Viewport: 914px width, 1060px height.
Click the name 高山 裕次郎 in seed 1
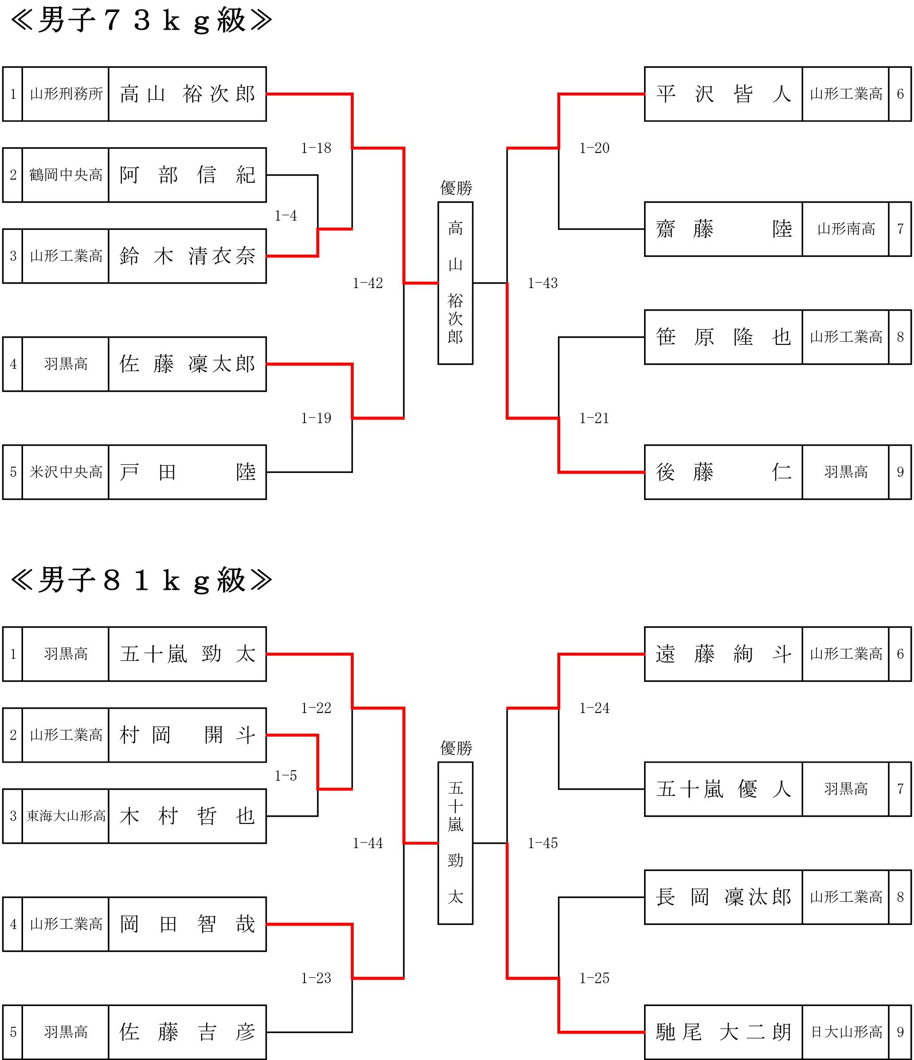pyautogui.click(x=187, y=94)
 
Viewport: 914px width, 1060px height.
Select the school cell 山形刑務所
pyautogui.click(x=66, y=94)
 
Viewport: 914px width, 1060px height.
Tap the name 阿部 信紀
pyautogui.click(x=187, y=175)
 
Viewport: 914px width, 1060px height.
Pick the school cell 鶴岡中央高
pyautogui.click(x=66, y=175)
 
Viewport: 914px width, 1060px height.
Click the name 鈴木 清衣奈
pyautogui.click(x=187, y=256)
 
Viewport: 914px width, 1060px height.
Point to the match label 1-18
pyautogui.click(x=316, y=148)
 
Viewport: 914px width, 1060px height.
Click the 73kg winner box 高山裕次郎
pyautogui.click(x=456, y=283)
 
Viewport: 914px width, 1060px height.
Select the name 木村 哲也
pyautogui.click(x=187, y=816)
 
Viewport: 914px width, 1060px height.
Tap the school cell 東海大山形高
pyautogui.click(x=66, y=816)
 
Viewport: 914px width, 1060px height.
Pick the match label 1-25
pyautogui.click(x=594, y=978)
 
